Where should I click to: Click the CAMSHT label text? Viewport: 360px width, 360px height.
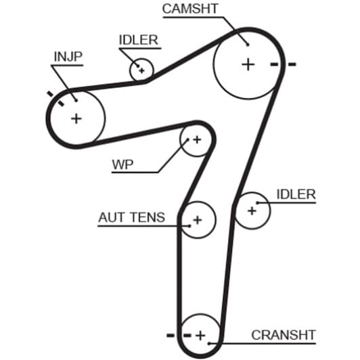pos(190,9)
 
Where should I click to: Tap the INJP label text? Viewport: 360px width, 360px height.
pos(68,56)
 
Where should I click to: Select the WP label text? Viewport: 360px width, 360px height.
pos(122,164)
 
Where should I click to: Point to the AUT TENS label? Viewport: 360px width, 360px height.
pos(131,217)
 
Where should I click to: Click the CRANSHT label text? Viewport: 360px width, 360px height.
pos(284,335)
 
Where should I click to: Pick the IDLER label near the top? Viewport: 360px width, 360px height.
pos(139,40)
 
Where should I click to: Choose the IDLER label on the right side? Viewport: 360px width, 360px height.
pos(296,194)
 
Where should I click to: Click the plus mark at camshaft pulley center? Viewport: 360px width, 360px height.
pos(248,64)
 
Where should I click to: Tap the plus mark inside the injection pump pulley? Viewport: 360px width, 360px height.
pos(76,119)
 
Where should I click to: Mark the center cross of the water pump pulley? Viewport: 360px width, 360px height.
pos(197,139)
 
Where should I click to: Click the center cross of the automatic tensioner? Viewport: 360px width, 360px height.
pos(198,220)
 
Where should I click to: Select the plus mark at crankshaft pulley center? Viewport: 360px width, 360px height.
pos(200,336)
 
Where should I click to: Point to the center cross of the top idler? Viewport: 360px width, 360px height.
pos(141,70)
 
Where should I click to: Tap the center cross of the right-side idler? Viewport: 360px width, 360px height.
pos(252,210)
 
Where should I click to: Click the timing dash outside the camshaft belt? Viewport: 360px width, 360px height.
pos(292,64)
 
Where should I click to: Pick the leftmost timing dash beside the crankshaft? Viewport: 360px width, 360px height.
pos(171,336)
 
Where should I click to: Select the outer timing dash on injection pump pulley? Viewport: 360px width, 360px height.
pos(50,93)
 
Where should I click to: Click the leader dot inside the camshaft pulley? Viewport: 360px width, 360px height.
pos(248,45)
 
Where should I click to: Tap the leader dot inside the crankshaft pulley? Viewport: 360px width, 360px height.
pos(209,344)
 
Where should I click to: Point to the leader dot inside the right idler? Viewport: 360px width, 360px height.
pos(258,203)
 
